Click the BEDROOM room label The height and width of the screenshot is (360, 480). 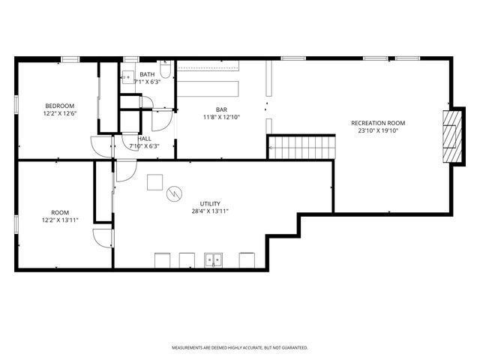tap(60, 106)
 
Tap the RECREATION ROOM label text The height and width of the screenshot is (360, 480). tap(378, 123)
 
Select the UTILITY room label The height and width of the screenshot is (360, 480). tap(210, 204)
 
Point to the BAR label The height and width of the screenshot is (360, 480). tap(221, 109)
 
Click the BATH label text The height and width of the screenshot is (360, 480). tap(147, 74)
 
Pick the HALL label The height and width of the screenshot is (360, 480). tap(144, 139)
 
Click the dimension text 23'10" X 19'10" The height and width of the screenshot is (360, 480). tap(378, 130)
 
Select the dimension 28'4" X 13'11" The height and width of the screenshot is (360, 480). tap(210, 211)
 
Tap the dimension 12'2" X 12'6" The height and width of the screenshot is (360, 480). tap(60, 113)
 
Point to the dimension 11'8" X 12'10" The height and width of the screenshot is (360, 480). tap(221, 117)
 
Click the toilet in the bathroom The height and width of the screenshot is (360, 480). tap(165, 69)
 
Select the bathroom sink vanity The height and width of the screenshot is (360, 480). tap(128, 77)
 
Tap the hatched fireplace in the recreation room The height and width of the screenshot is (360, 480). tap(452, 136)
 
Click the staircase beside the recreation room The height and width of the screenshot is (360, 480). tap(301, 148)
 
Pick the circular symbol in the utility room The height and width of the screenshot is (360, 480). tap(174, 193)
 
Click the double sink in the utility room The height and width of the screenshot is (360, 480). tap(213, 260)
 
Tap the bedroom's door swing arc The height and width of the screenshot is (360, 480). tap(101, 147)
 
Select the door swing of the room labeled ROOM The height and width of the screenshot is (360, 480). tap(103, 238)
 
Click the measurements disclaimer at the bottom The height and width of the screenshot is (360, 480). tap(240, 348)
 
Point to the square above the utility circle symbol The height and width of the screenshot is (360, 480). tap(155, 182)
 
